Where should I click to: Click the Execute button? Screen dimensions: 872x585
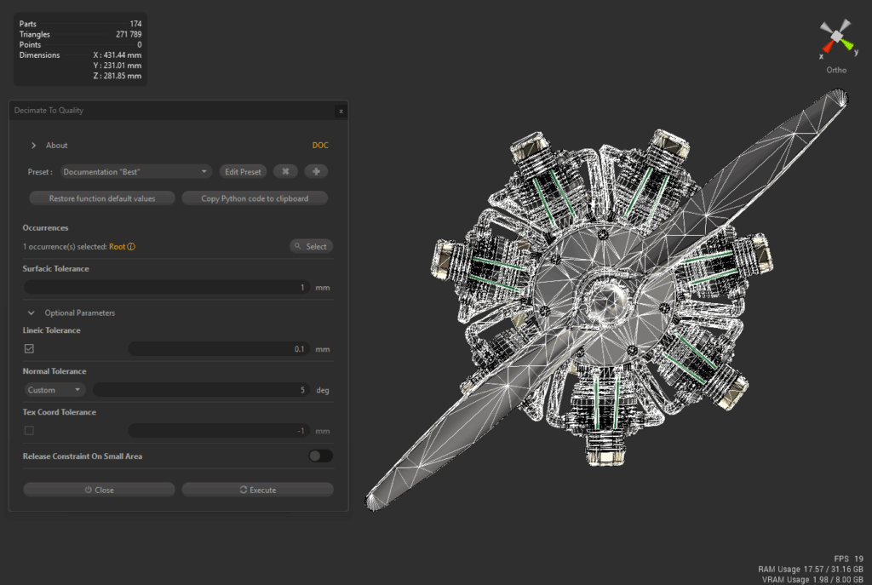(257, 490)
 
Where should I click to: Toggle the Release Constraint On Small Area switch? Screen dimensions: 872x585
(320, 456)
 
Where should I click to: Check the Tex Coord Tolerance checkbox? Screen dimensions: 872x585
(30, 430)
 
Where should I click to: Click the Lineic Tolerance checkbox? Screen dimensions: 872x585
(30, 348)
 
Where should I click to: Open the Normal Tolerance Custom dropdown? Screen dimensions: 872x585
(54, 390)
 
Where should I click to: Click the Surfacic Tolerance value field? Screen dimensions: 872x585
(166, 288)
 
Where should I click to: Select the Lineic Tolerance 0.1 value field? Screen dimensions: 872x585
(219, 349)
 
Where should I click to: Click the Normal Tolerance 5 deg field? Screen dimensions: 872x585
(201, 390)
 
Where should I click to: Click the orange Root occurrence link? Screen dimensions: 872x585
(117, 246)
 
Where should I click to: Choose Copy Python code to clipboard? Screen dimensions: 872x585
(255, 198)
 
